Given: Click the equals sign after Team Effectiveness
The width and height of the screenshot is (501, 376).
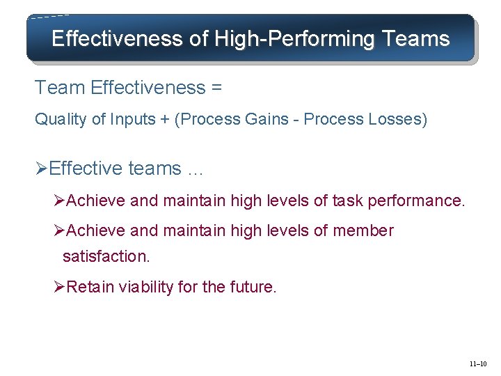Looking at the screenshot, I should point(217,88).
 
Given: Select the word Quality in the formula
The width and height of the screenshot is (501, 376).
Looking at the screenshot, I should point(61,119).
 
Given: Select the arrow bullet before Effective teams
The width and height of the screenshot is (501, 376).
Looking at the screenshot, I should point(42,169).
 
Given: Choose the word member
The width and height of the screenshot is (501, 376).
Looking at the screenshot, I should point(363,230).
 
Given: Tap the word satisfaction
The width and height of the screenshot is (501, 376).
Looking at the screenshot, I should point(106,256).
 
